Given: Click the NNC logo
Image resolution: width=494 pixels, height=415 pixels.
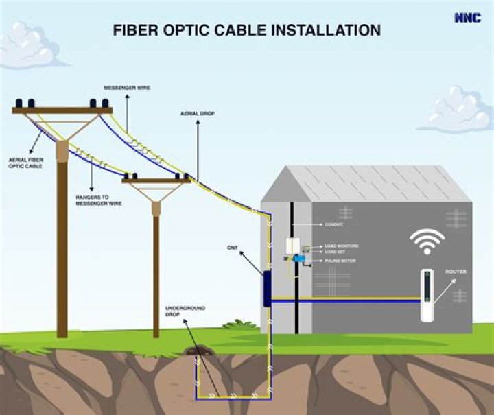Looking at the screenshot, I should pos(467,18).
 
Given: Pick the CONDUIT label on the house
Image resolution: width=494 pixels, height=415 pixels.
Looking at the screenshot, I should pos(333,224).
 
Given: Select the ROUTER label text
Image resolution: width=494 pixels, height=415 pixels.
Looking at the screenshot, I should pos(456,272).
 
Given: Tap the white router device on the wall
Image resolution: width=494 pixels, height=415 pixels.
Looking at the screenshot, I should pos(429,296).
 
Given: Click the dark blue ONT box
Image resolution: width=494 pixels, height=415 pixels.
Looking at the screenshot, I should pos(267,289).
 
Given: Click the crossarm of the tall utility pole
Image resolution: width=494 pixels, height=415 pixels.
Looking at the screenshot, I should pos(62,110).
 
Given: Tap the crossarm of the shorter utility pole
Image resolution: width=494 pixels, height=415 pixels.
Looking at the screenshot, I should pos(156,181).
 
